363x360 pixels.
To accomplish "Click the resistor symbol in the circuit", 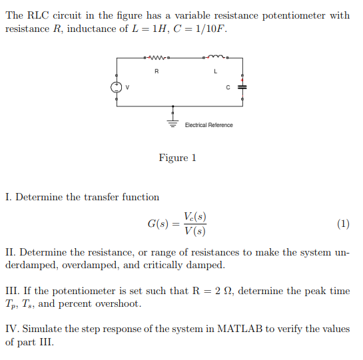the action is tap(157, 59).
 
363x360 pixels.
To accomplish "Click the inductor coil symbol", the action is tap(215, 58).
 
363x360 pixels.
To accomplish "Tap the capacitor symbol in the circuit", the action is tap(242, 87).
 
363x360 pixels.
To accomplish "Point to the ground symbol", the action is tap(174, 124).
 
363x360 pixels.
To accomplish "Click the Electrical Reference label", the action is tap(208, 125).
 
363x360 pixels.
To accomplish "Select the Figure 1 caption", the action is tap(177, 158).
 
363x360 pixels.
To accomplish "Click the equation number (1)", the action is tap(343, 224).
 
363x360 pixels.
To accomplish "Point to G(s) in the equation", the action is tap(158, 224).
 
